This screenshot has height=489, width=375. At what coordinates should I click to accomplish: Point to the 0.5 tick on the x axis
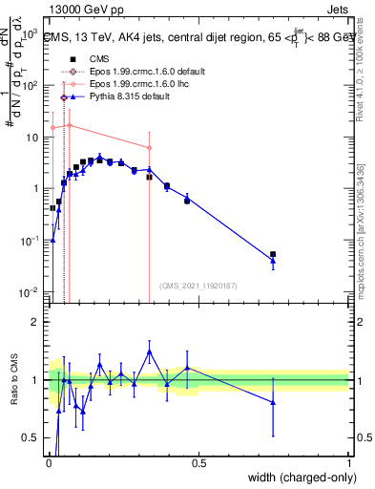point(198,464)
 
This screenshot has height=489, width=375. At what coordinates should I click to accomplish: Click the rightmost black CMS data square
point(273,255)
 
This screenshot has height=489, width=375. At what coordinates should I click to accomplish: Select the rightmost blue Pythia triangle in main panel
point(273,261)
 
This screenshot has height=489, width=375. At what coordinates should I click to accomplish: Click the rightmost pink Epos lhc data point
point(149,148)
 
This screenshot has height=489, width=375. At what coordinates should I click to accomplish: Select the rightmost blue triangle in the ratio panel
point(273,403)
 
